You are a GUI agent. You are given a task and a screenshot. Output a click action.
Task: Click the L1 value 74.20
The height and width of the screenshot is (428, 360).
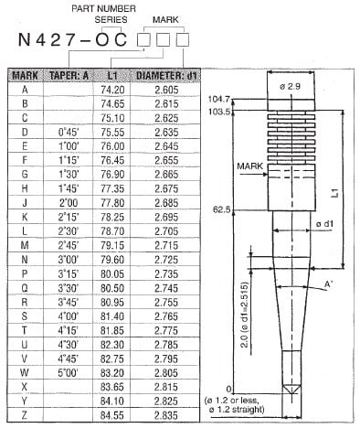[x=113, y=90]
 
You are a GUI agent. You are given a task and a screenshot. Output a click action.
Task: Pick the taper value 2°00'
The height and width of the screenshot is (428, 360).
[x=69, y=202]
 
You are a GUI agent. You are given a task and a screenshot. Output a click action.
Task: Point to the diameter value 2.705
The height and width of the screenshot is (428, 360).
[x=166, y=230]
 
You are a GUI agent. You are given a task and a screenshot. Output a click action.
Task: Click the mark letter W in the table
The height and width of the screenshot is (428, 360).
[x=24, y=371]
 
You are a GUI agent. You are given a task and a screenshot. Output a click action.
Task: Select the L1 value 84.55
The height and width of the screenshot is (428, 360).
[x=113, y=413]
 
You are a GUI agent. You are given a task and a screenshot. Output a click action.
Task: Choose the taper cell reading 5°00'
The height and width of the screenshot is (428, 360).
[x=69, y=371]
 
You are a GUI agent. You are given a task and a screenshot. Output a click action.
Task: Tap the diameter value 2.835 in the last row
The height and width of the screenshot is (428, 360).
[x=166, y=413]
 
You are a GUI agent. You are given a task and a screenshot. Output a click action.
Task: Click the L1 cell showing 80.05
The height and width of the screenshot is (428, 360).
[x=113, y=273]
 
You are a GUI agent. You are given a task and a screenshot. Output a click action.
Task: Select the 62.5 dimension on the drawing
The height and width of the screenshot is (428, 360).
[x=221, y=209]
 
